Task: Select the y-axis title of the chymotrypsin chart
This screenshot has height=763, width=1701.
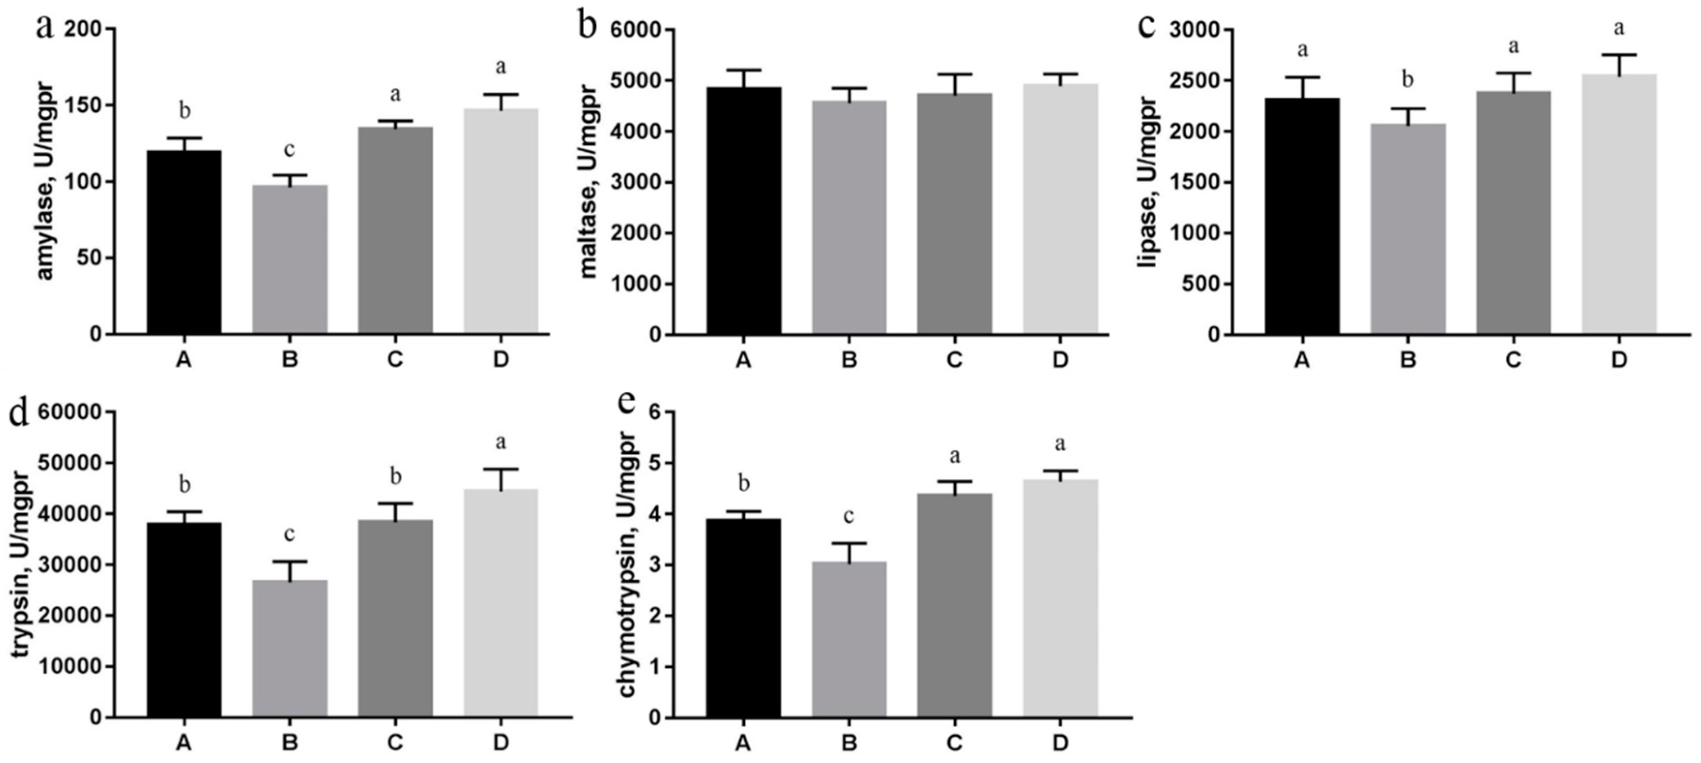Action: click(627, 564)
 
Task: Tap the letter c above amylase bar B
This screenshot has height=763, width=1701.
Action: click(289, 150)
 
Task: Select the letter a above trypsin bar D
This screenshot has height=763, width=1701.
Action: click(501, 442)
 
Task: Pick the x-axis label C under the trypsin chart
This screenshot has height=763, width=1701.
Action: click(395, 743)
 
